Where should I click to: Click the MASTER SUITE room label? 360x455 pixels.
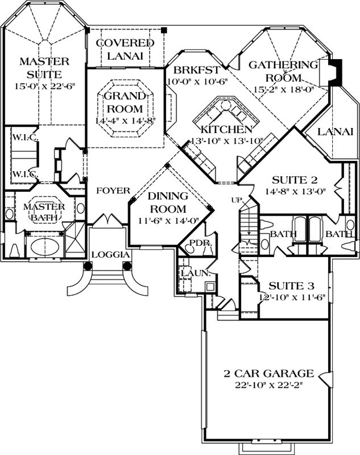(x=44, y=67)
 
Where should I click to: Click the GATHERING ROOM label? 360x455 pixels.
(x=283, y=71)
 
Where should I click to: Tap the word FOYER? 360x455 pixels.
(x=113, y=190)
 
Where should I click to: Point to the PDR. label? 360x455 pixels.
(x=192, y=243)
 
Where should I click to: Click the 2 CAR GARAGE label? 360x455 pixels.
(x=268, y=374)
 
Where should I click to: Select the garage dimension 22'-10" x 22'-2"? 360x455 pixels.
(x=268, y=386)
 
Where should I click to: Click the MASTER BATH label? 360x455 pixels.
(x=44, y=212)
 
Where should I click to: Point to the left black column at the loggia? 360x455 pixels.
(x=88, y=266)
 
